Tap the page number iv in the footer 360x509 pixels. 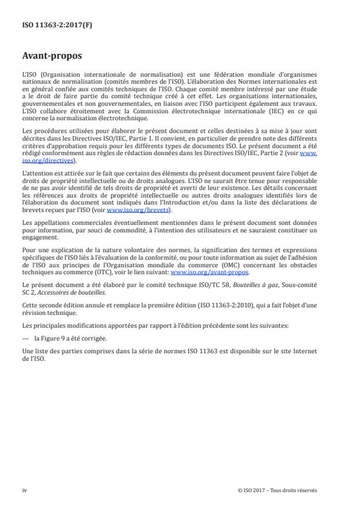tap(24, 490)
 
